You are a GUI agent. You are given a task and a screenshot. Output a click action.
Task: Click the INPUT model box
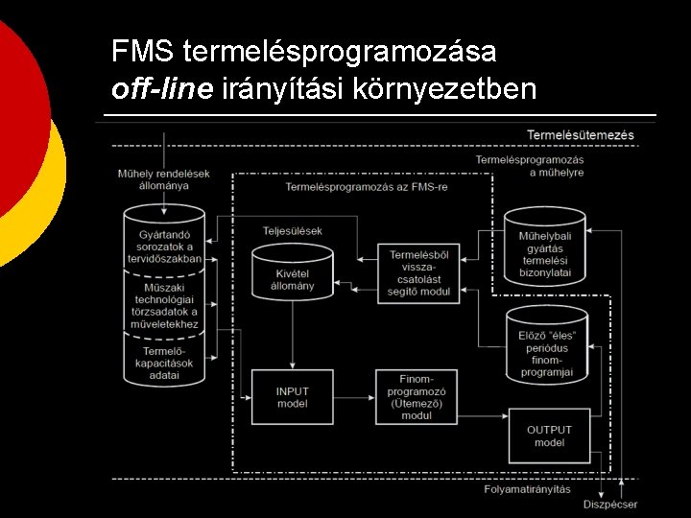292,397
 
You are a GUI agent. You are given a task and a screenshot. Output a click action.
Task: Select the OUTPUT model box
548,436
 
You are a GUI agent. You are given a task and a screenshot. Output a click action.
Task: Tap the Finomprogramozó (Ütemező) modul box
417,396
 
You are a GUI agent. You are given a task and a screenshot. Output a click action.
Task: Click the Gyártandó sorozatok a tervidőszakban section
164,240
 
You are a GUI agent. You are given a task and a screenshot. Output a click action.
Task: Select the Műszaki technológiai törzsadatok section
164,305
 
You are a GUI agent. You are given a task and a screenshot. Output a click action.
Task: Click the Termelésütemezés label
580,135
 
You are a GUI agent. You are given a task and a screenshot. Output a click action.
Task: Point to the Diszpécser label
609,505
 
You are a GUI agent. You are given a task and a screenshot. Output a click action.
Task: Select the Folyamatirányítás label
527,489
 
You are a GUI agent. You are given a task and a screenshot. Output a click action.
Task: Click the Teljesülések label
292,230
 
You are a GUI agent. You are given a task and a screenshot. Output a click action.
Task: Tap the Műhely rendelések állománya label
163,179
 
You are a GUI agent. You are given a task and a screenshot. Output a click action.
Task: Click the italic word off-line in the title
163,89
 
